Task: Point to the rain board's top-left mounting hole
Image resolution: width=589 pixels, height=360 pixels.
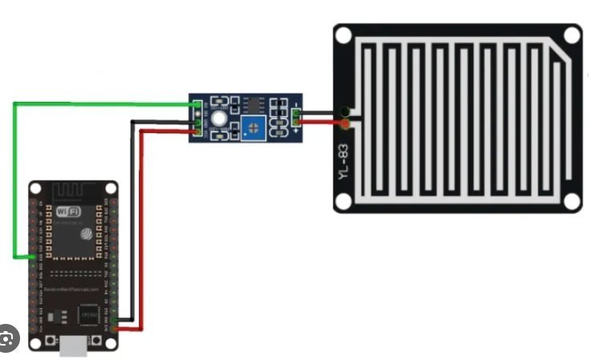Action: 343,36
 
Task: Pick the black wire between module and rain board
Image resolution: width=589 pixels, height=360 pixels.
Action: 321,112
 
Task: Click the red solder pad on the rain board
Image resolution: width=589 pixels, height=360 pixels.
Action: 345,125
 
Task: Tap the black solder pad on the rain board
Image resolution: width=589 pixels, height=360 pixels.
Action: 345,111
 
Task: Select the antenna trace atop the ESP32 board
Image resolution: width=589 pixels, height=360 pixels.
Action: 71,193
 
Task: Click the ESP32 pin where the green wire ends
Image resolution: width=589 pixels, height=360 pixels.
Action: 33,257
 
